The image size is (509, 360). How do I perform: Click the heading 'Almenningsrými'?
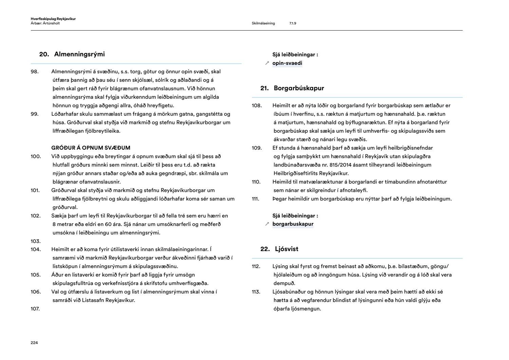79,54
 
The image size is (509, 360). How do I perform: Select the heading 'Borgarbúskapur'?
299,88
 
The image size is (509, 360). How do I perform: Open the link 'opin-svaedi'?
287,63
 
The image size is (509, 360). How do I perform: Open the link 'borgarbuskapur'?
293,224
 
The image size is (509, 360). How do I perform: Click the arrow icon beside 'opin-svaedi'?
267,63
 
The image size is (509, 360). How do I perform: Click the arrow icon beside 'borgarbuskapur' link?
267,224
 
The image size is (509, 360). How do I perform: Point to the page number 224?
34,343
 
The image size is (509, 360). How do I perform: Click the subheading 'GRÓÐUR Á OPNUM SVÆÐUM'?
91,148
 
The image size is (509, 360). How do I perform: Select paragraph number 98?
35,72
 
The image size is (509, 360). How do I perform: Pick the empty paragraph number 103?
36,241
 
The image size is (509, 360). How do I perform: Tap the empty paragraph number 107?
35,309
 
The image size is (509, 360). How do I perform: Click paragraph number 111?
256,199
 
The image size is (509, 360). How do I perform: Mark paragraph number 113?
256,292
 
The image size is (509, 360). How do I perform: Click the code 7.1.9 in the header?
293,23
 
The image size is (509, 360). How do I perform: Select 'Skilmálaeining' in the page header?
263,23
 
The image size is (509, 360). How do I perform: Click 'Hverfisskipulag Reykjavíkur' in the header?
53,19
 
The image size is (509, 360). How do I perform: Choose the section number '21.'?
265,88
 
